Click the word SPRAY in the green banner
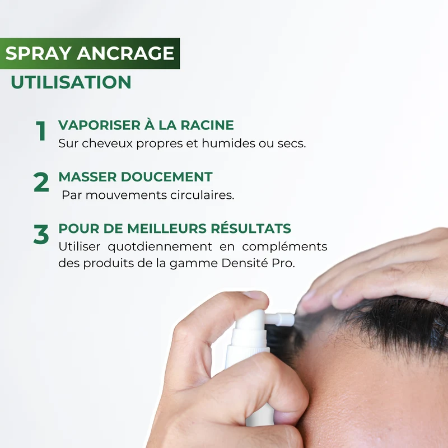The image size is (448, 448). point(38,53)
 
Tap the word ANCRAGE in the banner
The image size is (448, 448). point(125,53)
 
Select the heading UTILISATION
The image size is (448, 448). point(71,82)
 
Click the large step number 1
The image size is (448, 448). point(41,130)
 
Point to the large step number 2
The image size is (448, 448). point(41,182)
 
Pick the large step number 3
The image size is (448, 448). point(41,234)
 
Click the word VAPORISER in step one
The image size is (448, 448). point(100,125)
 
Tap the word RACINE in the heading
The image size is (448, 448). point(207,125)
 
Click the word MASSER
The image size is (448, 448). point(87,177)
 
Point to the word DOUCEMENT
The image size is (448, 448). point(166,177)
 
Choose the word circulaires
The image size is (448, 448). point(202,195)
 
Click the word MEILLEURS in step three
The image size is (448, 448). point(167,228)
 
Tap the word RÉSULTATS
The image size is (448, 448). point(251,228)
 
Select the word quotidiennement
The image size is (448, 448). point(160,247)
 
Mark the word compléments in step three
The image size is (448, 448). point(284,247)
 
